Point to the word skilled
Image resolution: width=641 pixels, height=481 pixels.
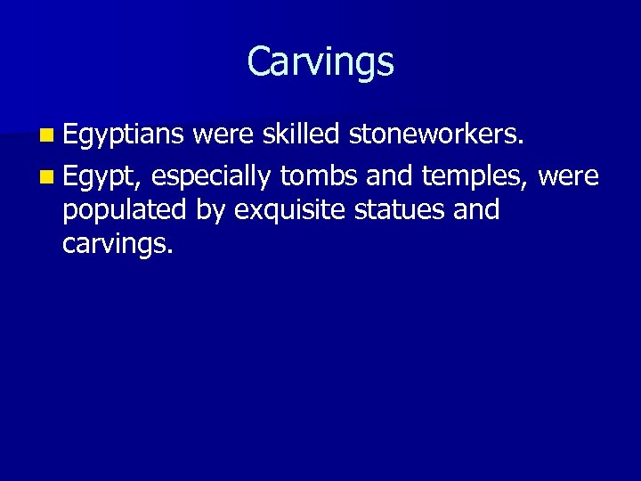(301, 135)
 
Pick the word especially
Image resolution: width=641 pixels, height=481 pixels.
(211, 176)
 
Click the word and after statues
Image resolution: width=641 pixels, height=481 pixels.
(475, 210)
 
